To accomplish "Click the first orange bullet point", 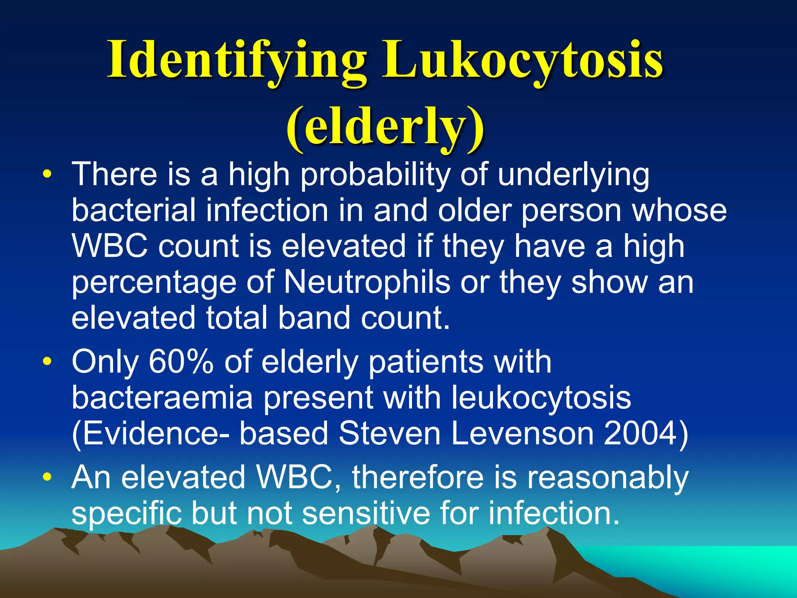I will [x=47, y=174].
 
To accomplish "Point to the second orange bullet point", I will [x=47, y=361].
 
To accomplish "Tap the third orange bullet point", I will [x=47, y=477].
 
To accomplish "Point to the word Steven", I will [x=389, y=434].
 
